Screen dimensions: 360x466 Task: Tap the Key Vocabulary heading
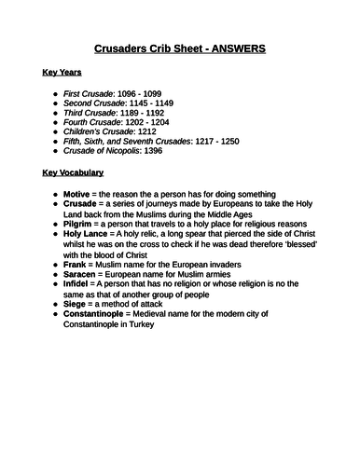click(73, 172)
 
